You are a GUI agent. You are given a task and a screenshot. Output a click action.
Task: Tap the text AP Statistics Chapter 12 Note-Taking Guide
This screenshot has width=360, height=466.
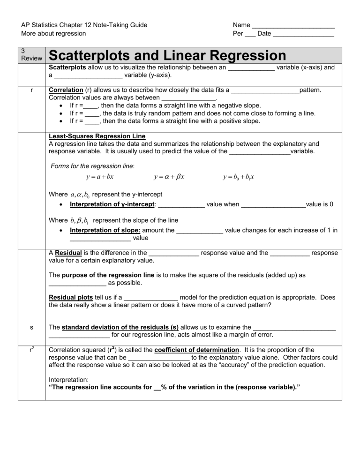click(84, 25)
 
